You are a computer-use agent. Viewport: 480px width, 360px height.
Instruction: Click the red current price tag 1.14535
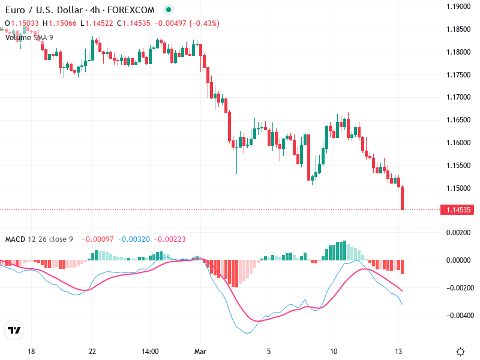click(x=458, y=210)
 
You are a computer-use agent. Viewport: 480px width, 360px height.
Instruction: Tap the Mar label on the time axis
click(x=200, y=352)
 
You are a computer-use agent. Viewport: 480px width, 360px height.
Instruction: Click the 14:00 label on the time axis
click(x=150, y=352)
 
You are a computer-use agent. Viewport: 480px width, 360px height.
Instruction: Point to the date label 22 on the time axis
click(x=92, y=352)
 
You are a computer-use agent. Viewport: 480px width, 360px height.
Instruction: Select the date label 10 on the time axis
click(x=334, y=352)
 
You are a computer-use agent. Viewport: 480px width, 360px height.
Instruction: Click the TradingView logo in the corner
click(x=14, y=330)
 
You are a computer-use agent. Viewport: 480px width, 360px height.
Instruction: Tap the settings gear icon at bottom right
click(x=461, y=352)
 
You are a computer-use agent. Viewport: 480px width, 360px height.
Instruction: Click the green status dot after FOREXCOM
click(x=169, y=10)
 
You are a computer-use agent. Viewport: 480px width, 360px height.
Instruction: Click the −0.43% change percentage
click(x=204, y=23)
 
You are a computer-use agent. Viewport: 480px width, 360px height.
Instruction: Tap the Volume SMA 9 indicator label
click(x=29, y=37)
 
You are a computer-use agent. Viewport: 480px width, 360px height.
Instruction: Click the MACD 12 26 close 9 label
click(x=39, y=239)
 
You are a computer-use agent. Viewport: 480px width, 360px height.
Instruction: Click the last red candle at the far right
click(x=403, y=198)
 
